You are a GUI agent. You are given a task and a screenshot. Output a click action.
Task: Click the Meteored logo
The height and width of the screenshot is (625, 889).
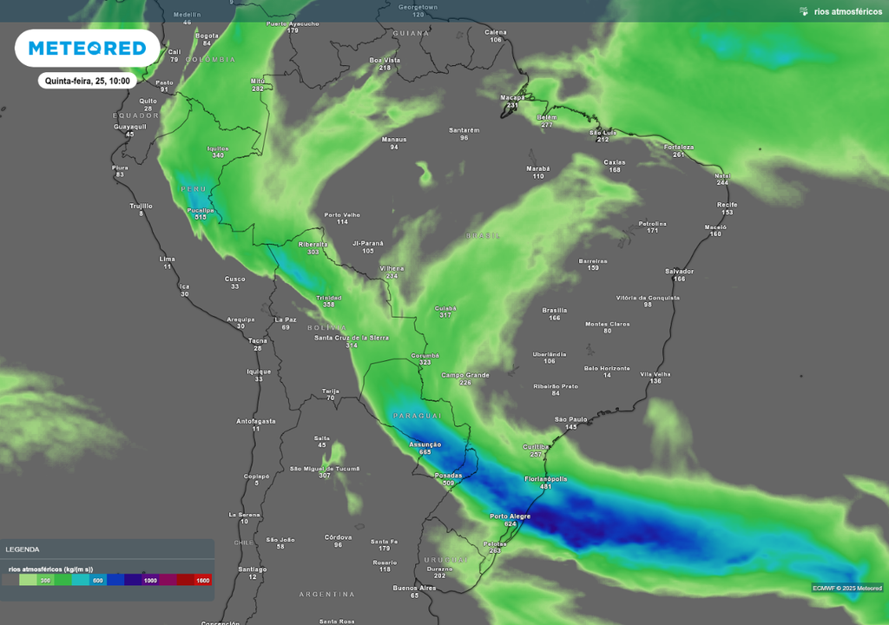pos(87,49)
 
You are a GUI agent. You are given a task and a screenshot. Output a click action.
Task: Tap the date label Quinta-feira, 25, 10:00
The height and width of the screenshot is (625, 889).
pos(88,81)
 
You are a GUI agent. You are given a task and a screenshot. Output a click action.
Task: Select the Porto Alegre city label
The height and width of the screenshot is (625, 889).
pos(510,516)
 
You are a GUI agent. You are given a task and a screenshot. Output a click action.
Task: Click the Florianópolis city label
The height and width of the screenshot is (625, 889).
pos(546,478)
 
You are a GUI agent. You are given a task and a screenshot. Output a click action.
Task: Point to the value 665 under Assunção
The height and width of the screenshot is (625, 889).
pos(425,452)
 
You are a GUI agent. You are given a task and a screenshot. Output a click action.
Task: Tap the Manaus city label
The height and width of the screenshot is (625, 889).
pos(394,139)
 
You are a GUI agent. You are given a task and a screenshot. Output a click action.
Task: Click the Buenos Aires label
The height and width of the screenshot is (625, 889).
pos(414,588)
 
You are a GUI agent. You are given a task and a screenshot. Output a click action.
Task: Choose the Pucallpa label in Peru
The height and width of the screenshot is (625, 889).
pos(201,210)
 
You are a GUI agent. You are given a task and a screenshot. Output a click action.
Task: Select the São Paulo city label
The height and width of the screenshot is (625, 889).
pos(571,419)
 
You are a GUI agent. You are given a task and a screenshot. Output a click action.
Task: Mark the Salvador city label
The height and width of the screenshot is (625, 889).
pos(679,271)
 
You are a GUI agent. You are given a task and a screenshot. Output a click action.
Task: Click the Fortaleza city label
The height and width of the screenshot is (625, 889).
pos(678,147)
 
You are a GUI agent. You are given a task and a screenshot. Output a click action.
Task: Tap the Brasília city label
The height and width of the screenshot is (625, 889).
pos(554,310)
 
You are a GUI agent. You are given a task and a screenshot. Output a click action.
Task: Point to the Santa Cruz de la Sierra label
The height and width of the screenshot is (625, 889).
pos(352,337)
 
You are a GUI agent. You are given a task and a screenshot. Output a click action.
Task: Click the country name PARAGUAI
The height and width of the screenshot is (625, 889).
pos(412,417)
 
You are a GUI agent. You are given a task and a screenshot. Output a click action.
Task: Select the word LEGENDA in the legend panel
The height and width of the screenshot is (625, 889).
pos(22,549)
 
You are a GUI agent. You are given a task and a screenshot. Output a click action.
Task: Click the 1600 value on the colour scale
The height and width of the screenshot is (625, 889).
pos(202,580)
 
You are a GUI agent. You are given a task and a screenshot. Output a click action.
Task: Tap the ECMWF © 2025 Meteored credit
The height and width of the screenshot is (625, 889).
pos(847,588)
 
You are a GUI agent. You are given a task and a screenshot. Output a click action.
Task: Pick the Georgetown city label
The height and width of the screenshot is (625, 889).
pos(418,6)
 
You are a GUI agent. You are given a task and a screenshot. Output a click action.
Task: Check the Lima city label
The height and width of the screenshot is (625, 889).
pos(168,259)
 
